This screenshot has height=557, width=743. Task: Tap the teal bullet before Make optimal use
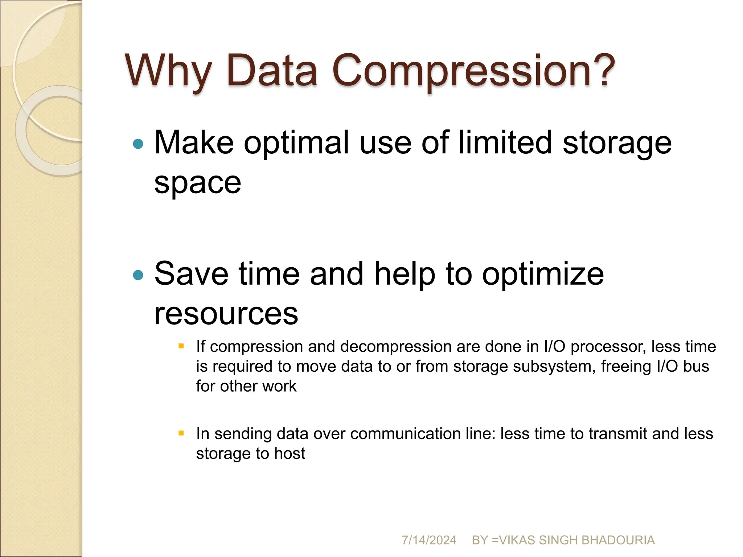pyautogui.click(x=138, y=144)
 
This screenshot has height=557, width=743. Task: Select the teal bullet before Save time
pyautogui.click(x=138, y=275)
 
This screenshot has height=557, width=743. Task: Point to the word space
pyautogui.click(x=197, y=183)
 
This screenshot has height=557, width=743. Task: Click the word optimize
pyautogui.click(x=543, y=275)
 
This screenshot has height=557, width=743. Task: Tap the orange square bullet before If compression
pyautogui.click(x=181, y=346)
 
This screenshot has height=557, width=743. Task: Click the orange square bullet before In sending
pyautogui.click(x=181, y=433)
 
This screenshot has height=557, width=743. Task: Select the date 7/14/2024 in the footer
pyautogui.click(x=428, y=540)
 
